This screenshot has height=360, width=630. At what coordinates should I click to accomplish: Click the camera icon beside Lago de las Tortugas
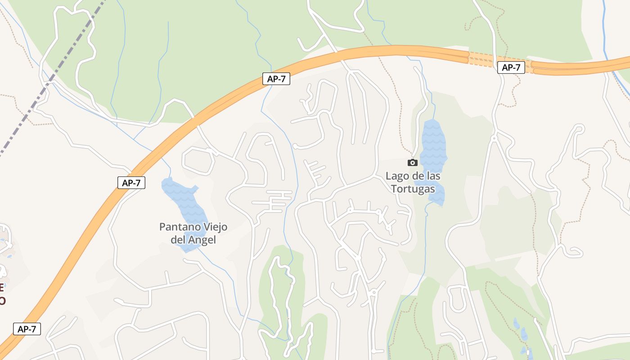[412, 162]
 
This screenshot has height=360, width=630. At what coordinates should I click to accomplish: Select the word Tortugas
[413, 189]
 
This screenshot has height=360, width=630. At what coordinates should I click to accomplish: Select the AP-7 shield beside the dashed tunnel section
[511, 68]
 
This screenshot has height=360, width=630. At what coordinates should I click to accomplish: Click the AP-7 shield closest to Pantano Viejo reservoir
[131, 183]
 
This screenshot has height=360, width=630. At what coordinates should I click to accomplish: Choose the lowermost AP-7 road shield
[27, 329]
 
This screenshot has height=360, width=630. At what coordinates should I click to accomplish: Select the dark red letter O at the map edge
[2, 301]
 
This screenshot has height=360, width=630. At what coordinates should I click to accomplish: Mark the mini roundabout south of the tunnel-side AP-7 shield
[494, 138]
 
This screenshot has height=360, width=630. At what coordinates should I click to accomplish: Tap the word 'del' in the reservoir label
[179, 240]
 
